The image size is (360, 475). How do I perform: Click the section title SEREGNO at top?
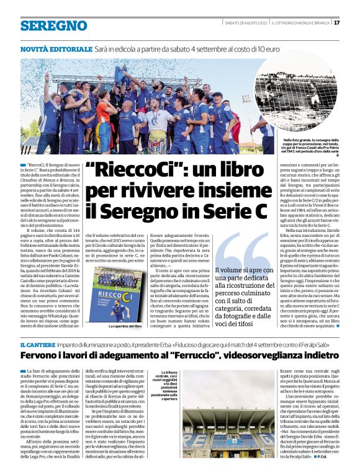pos(53,25)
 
